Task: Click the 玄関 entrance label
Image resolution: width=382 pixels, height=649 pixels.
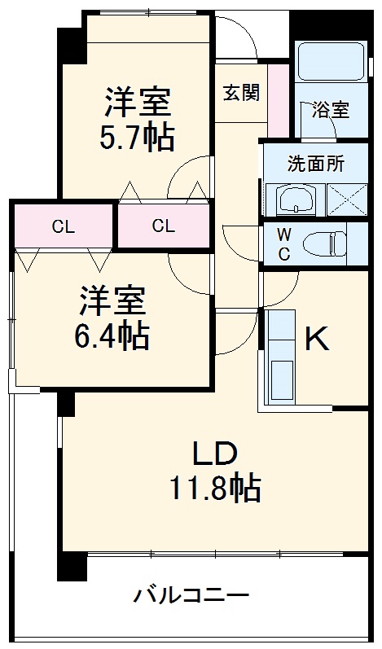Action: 241,93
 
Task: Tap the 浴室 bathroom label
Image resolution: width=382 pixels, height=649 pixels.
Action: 331,110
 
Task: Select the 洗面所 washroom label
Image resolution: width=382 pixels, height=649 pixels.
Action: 314,162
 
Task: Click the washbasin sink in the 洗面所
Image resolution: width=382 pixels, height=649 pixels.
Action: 291,198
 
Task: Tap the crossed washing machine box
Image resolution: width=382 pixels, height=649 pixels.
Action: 347,199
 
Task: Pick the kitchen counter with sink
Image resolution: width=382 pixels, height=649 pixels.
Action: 280,358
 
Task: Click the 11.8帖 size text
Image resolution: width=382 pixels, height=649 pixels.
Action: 215,488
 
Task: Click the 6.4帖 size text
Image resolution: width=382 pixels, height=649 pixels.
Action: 113,335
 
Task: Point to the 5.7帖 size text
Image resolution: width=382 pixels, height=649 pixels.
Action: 137,138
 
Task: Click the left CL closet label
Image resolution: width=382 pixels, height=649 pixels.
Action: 63,226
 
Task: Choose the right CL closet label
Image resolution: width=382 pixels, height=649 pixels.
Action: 163,226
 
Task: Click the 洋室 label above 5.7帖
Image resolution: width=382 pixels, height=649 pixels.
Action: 137,103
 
